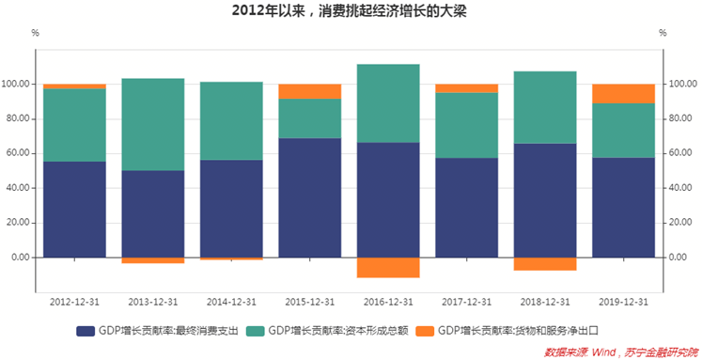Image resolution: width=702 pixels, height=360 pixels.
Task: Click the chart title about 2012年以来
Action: tap(351, 11)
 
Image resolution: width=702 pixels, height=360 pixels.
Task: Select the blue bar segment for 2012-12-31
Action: tap(74, 209)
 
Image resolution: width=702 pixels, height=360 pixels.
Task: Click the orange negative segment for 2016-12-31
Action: tap(388, 267)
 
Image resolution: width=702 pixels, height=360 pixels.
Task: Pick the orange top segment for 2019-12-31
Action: tap(623, 93)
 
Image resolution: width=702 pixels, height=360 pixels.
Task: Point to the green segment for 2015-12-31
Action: tap(310, 118)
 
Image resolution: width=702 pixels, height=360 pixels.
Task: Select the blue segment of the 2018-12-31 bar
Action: tap(545, 200)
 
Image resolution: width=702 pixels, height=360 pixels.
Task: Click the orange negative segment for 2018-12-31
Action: tap(545, 263)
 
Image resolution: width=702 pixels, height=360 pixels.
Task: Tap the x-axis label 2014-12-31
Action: tap(231, 302)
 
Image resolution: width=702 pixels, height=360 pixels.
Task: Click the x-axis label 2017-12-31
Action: tap(466, 302)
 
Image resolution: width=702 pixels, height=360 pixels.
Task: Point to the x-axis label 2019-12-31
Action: tap(623, 302)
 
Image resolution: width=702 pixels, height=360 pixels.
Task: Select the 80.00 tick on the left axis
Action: tap(18, 118)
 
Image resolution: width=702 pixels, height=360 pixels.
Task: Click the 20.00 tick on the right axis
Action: tap(680, 223)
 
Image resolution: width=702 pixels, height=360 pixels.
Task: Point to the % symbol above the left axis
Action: tap(35, 33)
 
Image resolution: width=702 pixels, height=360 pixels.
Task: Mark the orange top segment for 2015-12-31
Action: tap(310, 91)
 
